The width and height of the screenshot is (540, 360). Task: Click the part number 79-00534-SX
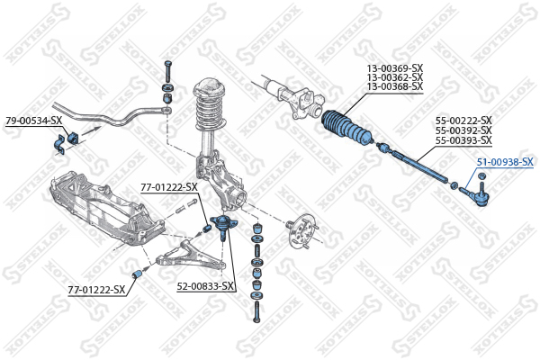[x=34, y=121]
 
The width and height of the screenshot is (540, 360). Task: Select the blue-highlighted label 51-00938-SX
[x=505, y=162]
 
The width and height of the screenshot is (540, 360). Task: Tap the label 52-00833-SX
[x=205, y=286]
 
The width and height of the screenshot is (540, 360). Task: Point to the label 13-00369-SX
[x=395, y=67]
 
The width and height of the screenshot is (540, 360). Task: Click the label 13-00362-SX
[x=395, y=77]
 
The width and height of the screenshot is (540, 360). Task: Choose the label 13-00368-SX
[x=395, y=86]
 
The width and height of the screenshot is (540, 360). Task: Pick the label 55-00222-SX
[x=463, y=121]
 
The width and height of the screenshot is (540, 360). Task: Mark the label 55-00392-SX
[x=463, y=130]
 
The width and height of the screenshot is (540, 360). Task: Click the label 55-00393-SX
[x=463, y=140]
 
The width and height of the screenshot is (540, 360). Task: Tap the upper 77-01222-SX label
[x=169, y=187]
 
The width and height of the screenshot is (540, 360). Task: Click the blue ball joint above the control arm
[x=223, y=225]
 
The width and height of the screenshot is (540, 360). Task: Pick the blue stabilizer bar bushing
[x=74, y=137]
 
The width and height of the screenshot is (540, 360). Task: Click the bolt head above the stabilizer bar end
[x=168, y=64]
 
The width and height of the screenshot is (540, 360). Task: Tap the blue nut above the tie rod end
[x=482, y=176]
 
